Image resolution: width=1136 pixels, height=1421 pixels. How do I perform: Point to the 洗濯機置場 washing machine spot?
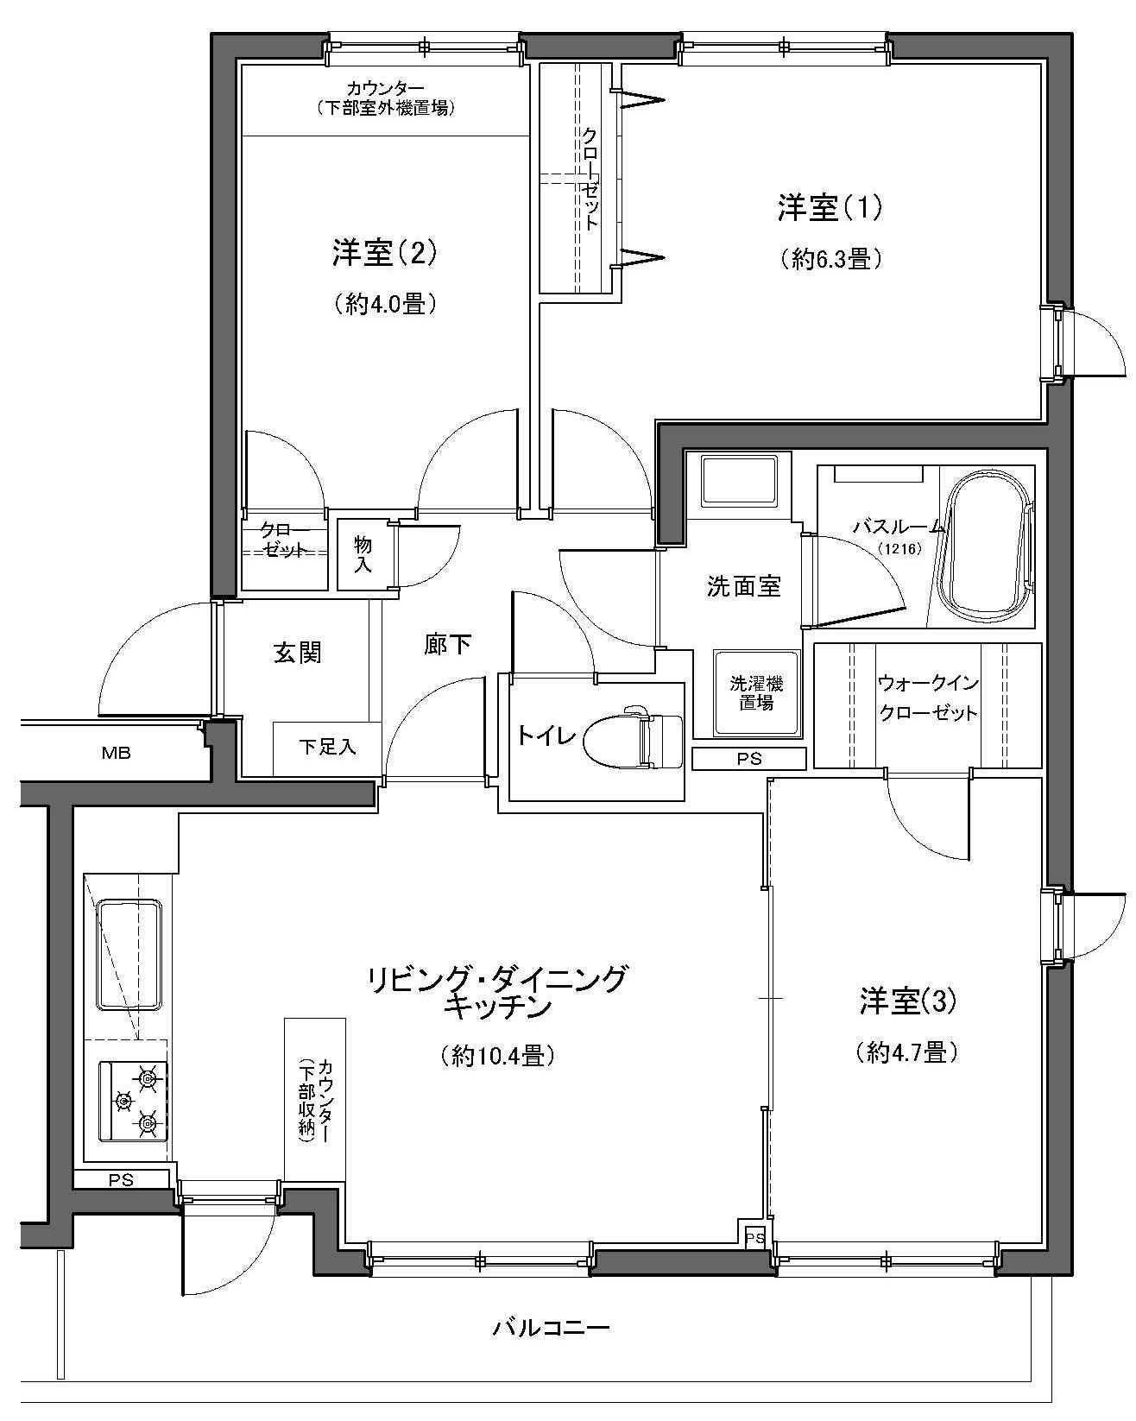[x=756, y=693]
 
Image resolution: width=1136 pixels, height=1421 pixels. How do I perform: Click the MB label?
[x=117, y=752]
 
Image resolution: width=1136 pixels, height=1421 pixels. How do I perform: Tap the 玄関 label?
[x=297, y=653]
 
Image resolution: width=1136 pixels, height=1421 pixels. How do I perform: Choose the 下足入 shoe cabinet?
[x=327, y=748]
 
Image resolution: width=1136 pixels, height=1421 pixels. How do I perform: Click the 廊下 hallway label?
[x=448, y=645]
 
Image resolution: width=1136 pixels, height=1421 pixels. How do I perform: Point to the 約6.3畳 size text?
[x=831, y=258]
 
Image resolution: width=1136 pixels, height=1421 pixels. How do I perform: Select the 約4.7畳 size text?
[x=906, y=1052]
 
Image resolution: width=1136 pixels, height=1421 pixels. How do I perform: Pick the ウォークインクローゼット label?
[x=928, y=698]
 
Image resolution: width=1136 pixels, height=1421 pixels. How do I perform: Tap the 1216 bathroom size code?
[x=899, y=548]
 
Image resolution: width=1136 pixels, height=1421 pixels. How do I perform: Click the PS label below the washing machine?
[x=749, y=759]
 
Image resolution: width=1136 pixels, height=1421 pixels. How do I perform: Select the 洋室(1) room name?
[x=830, y=209]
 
